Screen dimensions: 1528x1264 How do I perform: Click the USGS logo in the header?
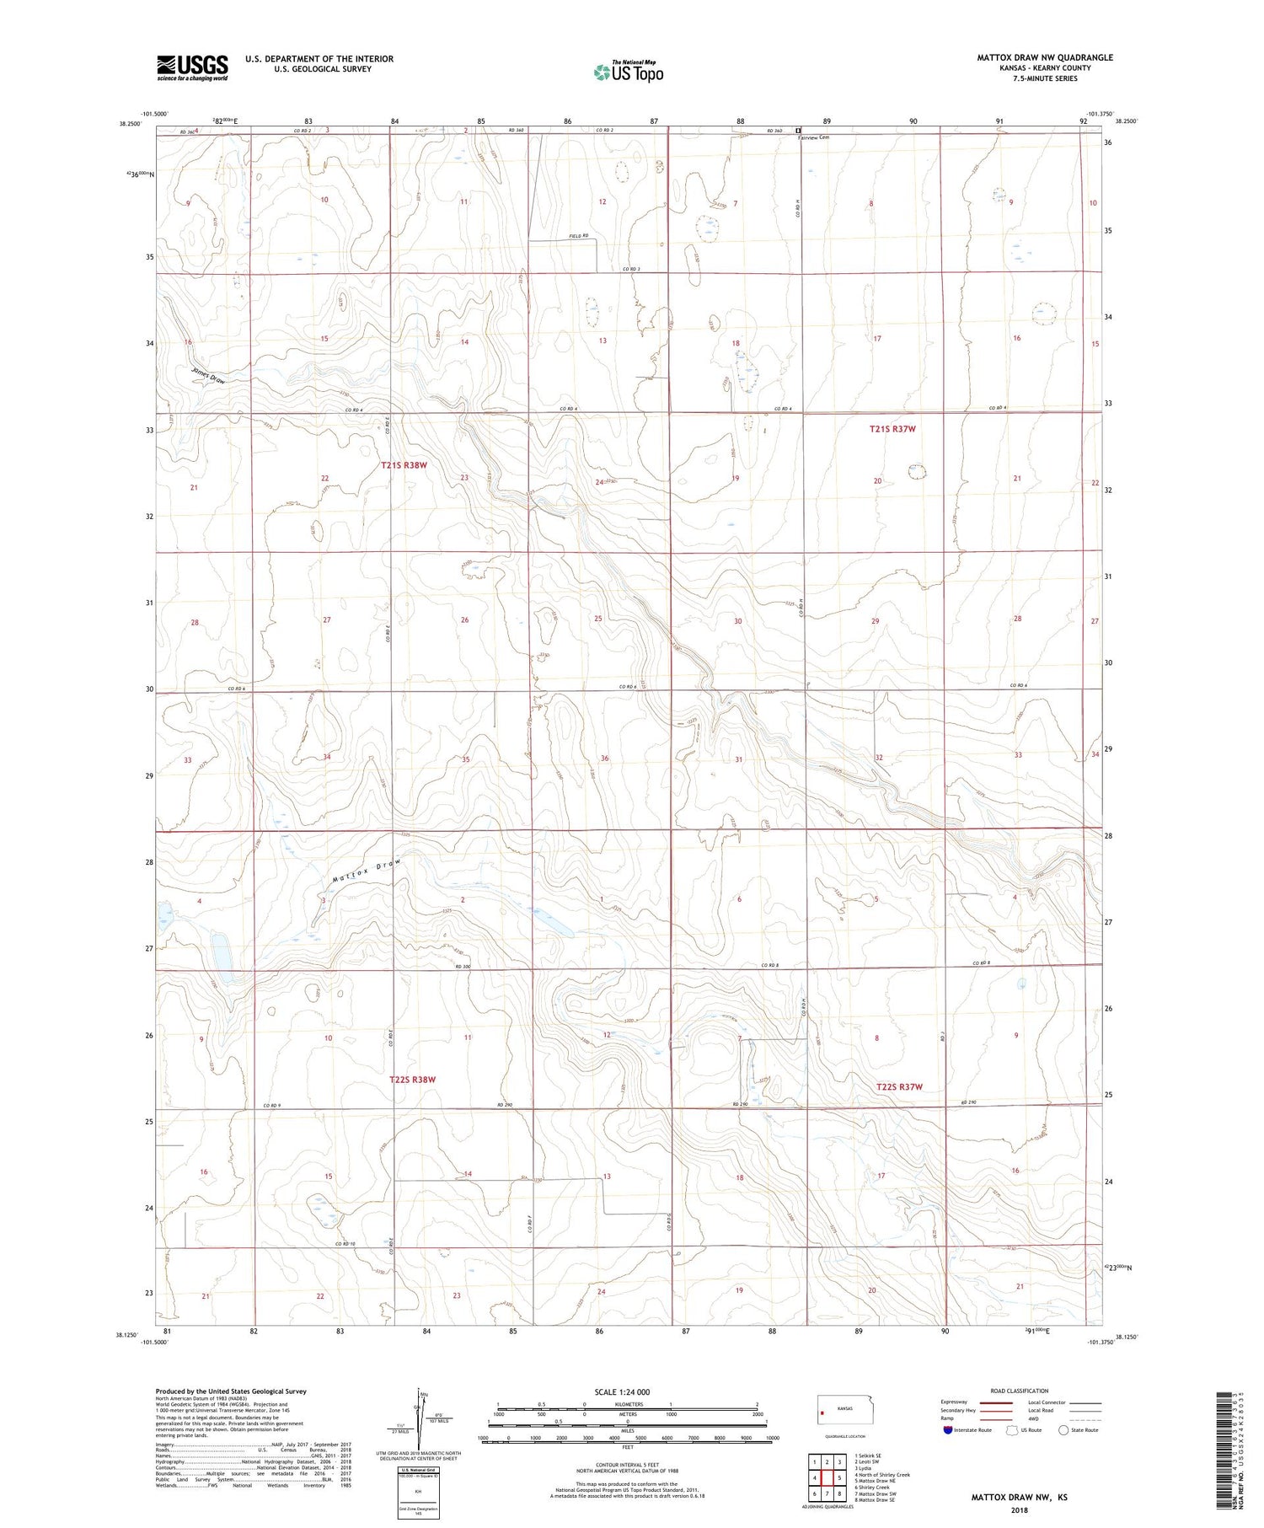[x=192, y=67]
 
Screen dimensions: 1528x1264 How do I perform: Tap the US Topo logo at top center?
[x=628, y=72]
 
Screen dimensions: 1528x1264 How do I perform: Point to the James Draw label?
[x=207, y=376]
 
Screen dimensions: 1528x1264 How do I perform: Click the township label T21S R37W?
[x=892, y=429]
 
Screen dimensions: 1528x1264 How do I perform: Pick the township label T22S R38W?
[x=412, y=1079]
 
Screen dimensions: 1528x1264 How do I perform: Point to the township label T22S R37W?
[x=899, y=1087]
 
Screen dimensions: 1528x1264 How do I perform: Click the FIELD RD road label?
[x=576, y=236]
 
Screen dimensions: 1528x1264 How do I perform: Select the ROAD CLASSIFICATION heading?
[x=1019, y=1391]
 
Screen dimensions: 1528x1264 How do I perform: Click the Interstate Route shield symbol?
[x=948, y=1430]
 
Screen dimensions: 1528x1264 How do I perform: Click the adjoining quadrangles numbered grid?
[x=827, y=1478]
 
